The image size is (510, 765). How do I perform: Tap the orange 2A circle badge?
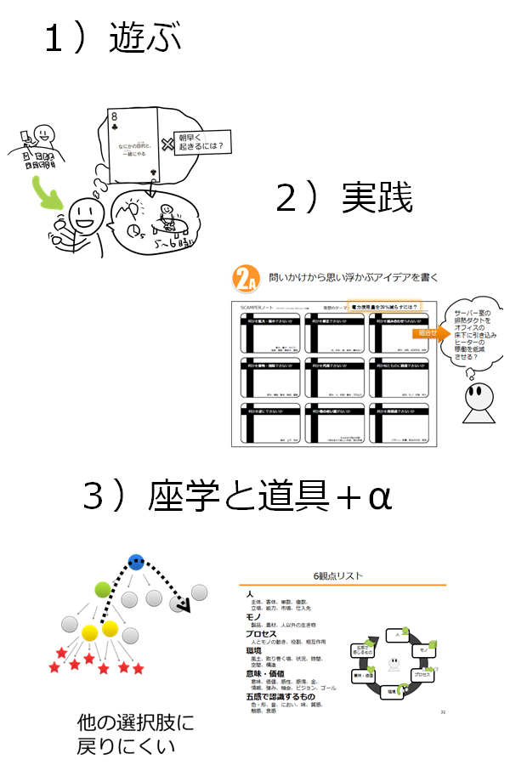pos(245,280)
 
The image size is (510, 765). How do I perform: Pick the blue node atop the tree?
pos(135,562)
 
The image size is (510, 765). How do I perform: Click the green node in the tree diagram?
pos(103,588)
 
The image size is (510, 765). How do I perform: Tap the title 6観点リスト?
pos(342,575)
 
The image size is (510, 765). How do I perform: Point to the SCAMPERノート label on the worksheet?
pos(258,306)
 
